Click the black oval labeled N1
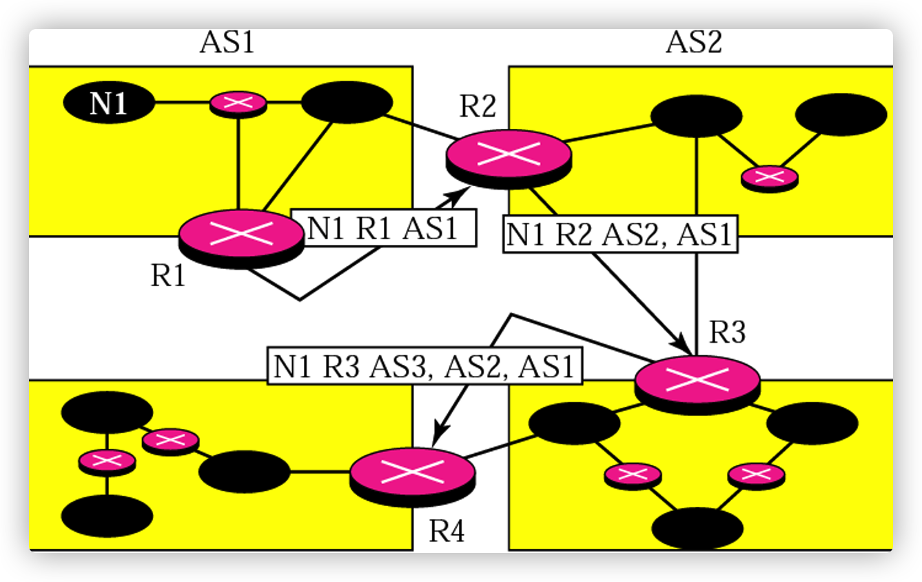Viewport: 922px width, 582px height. (x=109, y=104)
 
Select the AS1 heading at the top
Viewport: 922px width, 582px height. (x=227, y=43)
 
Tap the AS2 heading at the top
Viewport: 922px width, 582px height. (x=693, y=43)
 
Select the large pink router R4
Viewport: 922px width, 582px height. (x=412, y=473)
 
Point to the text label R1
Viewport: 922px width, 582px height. (x=169, y=277)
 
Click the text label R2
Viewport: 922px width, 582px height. (x=478, y=108)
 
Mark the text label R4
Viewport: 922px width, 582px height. (x=447, y=532)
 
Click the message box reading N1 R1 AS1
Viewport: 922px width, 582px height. (x=382, y=228)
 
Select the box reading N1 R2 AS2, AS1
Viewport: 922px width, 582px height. (x=619, y=234)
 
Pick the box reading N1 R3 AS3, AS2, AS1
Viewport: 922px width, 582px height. (x=424, y=365)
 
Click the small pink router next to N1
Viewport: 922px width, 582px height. (x=238, y=103)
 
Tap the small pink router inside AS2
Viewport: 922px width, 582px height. (x=769, y=177)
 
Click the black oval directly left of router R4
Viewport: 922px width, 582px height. (x=244, y=472)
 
